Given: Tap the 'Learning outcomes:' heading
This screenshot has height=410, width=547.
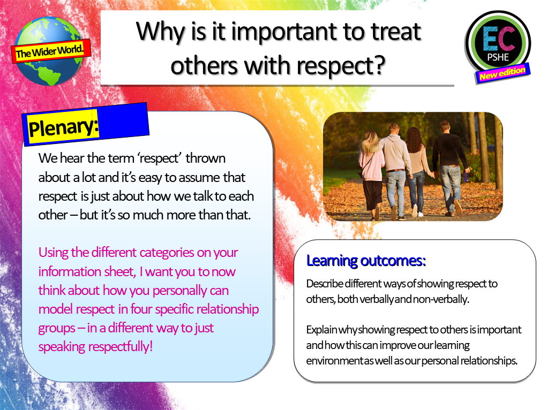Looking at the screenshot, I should (x=366, y=261).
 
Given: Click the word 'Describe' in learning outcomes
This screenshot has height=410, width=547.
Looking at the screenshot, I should (x=324, y=284).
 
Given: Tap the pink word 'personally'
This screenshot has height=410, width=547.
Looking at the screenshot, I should (x=198, y=291).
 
